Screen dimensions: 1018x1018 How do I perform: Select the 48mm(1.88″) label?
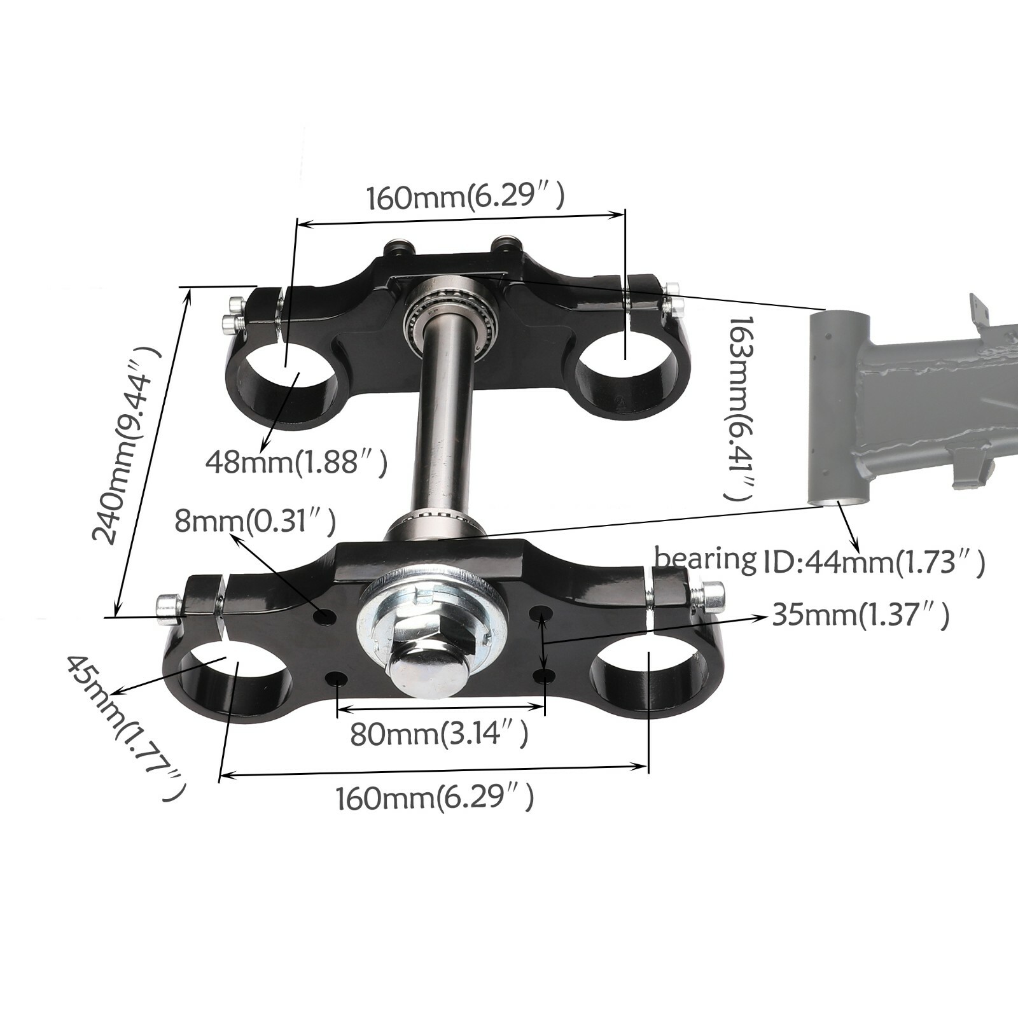tap(296, 462)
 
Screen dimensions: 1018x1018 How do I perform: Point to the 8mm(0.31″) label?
tap(255, 522)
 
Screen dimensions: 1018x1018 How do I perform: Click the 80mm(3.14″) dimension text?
tap(439, 735)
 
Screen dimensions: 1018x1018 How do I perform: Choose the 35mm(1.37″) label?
tap(861, 615)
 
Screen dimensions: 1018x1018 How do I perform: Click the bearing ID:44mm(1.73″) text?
tap(819, 561)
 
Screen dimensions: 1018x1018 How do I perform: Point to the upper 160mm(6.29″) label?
tap(465, 197)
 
